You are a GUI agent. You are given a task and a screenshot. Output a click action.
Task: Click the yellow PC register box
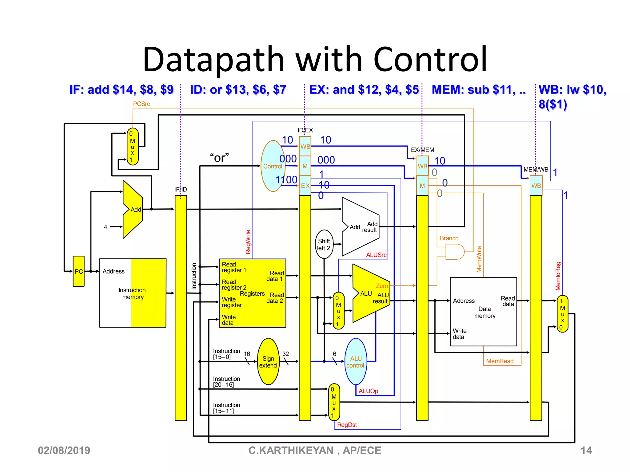point(78,271)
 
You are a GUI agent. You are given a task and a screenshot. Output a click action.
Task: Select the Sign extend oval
point(268,362)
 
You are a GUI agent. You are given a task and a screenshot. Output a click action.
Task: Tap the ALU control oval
point(356,362)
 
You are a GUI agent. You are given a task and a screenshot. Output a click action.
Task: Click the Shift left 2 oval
point(324,244)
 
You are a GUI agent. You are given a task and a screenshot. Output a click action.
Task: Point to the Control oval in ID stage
point(273,166)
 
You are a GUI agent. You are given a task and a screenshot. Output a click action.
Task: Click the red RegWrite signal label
point(248,242)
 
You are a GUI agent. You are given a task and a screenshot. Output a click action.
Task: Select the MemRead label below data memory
point(500,361)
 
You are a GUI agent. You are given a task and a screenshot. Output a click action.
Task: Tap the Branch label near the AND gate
point(449,238)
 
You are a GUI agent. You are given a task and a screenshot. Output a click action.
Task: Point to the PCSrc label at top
point(142,104)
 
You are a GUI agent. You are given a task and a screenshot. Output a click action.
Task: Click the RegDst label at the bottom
point(347,425)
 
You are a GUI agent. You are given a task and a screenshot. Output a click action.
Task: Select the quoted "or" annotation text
point(219,158)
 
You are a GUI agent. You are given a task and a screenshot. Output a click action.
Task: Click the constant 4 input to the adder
point(106,227)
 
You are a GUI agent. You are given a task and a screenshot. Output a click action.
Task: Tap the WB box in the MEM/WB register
point(536,186)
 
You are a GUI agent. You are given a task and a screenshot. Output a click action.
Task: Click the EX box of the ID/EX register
point(305,186)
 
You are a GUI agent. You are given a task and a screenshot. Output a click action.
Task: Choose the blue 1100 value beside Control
point(286,179)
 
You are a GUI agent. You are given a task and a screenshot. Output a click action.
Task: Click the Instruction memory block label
point(132,293)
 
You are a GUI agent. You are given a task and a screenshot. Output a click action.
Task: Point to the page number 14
point(586,450)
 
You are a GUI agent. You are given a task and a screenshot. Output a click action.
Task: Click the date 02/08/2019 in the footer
point(64,450)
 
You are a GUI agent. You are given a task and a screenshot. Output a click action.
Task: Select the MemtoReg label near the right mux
point(558,276)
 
